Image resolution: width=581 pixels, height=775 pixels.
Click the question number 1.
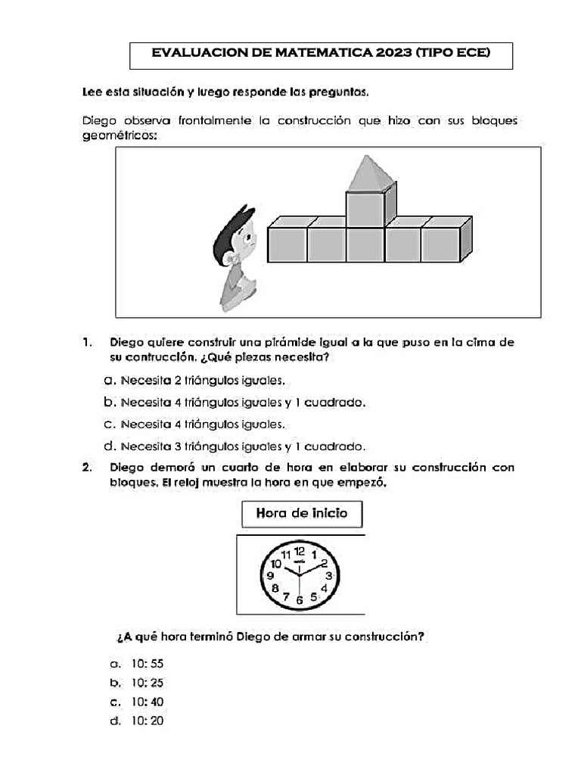[x=87, y=342]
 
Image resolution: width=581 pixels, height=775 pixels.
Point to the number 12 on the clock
[x=300, y=551]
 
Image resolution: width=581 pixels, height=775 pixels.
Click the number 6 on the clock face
[x=300, y=599]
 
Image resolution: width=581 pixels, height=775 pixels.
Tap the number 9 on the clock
[x=270, y=576]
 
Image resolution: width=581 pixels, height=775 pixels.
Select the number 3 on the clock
[x=329, y=576]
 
